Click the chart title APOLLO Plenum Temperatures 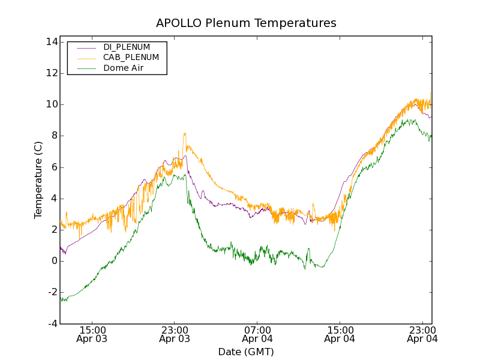[x=246, y=23]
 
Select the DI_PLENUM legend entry [x=127, y=47]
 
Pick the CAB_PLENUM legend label [x=131, y=58]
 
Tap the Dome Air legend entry [x=123, y=68]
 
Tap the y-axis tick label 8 [x=53, y=136]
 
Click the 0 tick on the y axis [x=53, y=261]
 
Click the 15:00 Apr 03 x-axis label [x=92, y=334]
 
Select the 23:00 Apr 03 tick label [x=175, y=334]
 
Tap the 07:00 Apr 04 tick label [x=257, y=334]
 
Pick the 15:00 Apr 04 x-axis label [x=340, y=334]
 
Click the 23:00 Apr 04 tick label [x=422, y=334]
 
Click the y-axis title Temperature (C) [x=38, y=180]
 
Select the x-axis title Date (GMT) [x=246, y=352]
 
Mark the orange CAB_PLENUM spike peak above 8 [x=185, y=133]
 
